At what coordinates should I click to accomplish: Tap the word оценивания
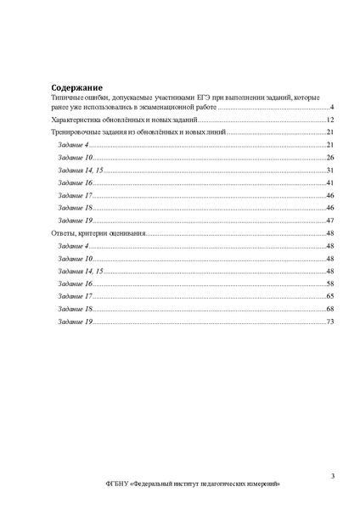pyautogui.click(x=129, y=232)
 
